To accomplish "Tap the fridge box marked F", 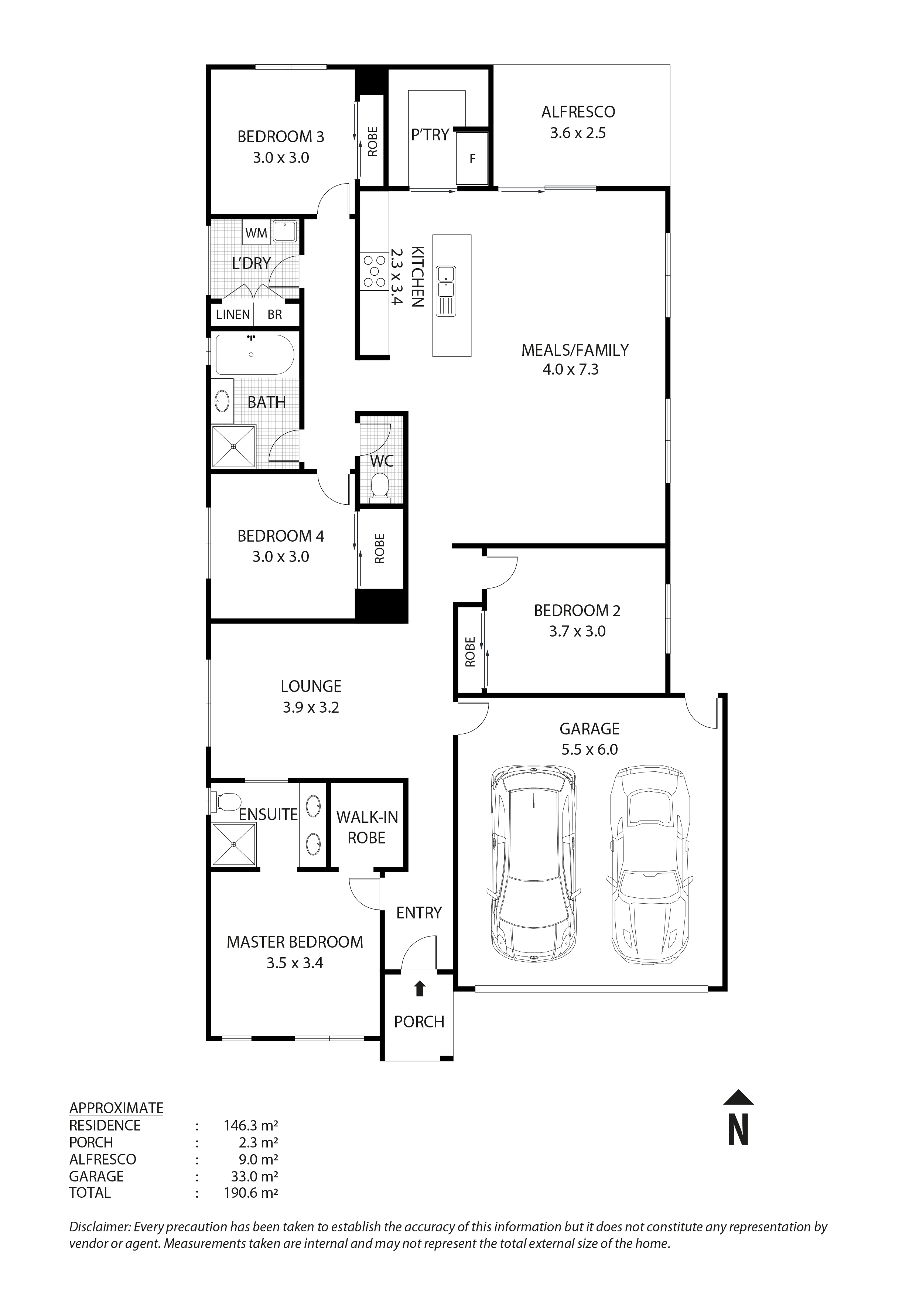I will [x=472, y=158].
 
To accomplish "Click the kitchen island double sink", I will [x=446, y=282].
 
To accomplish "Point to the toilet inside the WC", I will [x=380, y=486].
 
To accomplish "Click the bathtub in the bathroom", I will [x=254, y=355].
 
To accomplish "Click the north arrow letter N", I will [x=738, y=1129].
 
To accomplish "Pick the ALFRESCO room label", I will [x=578, y=112].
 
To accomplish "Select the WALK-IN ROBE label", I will [x=367, y=827].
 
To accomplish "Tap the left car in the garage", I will [x=533, y=864].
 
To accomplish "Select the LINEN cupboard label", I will [x=233, y=314].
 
